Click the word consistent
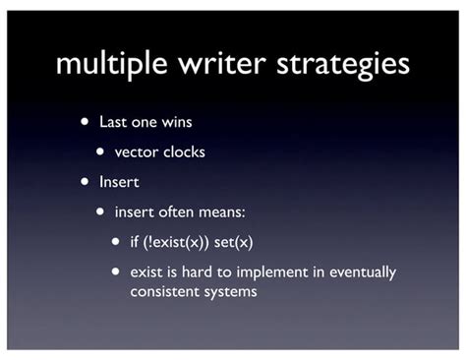[163, 291]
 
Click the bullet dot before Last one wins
[87, 124]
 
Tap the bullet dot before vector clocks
[101, 152]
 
